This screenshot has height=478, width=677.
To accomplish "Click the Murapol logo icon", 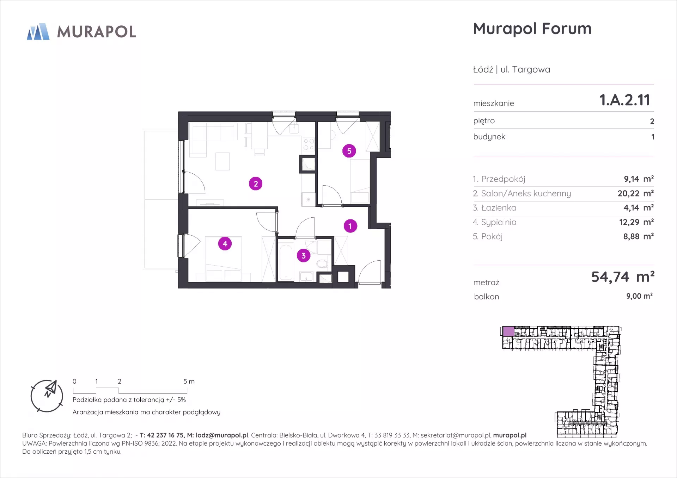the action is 38,32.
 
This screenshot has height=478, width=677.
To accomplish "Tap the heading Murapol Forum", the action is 532,29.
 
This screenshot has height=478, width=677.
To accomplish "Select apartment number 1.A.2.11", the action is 624,100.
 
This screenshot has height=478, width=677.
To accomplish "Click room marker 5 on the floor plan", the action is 349,151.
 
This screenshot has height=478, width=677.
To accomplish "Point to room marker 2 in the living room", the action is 256,184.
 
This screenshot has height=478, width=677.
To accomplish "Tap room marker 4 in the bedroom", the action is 225,243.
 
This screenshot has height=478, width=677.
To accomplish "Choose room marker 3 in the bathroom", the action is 304,255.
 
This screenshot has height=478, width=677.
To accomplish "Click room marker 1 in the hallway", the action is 350,226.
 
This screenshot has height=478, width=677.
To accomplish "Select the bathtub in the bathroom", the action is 286,262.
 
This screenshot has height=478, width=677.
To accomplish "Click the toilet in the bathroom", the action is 322,263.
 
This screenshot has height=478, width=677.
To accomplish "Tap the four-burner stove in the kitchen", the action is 309,144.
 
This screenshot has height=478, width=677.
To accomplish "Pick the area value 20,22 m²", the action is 636,193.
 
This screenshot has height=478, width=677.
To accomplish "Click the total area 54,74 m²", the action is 623,277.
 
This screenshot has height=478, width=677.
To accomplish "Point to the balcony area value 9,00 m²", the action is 639,296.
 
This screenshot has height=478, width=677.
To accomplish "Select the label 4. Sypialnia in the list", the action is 495,222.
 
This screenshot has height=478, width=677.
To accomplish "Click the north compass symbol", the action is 47,396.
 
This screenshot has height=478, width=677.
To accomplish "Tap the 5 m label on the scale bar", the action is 189,381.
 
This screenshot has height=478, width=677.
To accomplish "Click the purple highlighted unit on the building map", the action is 508,331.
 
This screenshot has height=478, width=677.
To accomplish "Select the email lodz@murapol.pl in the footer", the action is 222,435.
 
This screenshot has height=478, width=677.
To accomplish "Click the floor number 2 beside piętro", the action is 652,122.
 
